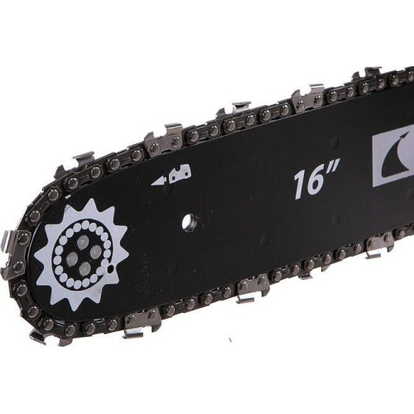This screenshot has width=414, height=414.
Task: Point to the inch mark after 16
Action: click(x=334, y=168)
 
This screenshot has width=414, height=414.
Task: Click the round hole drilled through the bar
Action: click(x=190, y=222)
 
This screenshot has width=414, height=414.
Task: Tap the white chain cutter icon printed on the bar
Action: click(x=180, y=173)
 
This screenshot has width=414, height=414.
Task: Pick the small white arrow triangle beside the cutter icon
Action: click(x=158, y=181)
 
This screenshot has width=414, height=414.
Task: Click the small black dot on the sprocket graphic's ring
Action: click(x=111, y=268)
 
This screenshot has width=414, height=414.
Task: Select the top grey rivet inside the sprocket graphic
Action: click(x=83, y=242)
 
